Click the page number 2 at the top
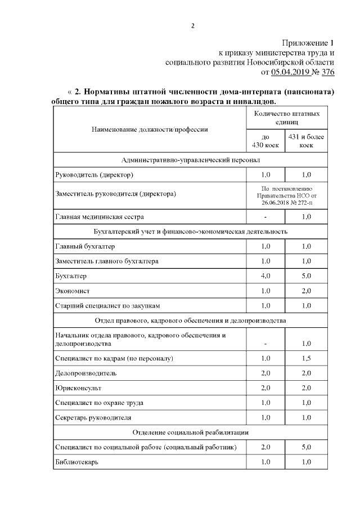(x=193, y=25)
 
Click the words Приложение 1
(x=308, y=43)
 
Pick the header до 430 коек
(x=265, y=141)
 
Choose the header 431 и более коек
(x=306, y=141)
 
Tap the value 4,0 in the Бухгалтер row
(x=265, y=276)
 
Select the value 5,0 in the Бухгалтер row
(x=306, y=276)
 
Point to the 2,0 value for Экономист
(x=306, y=291)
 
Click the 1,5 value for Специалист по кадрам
(x=306, y=359)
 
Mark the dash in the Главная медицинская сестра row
(x=265, y=217)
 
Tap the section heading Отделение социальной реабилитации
(x=191, y=432)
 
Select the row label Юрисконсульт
(x=78, y=388)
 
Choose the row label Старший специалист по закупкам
(x=108, y=305)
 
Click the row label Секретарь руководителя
(x=93, y=418)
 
